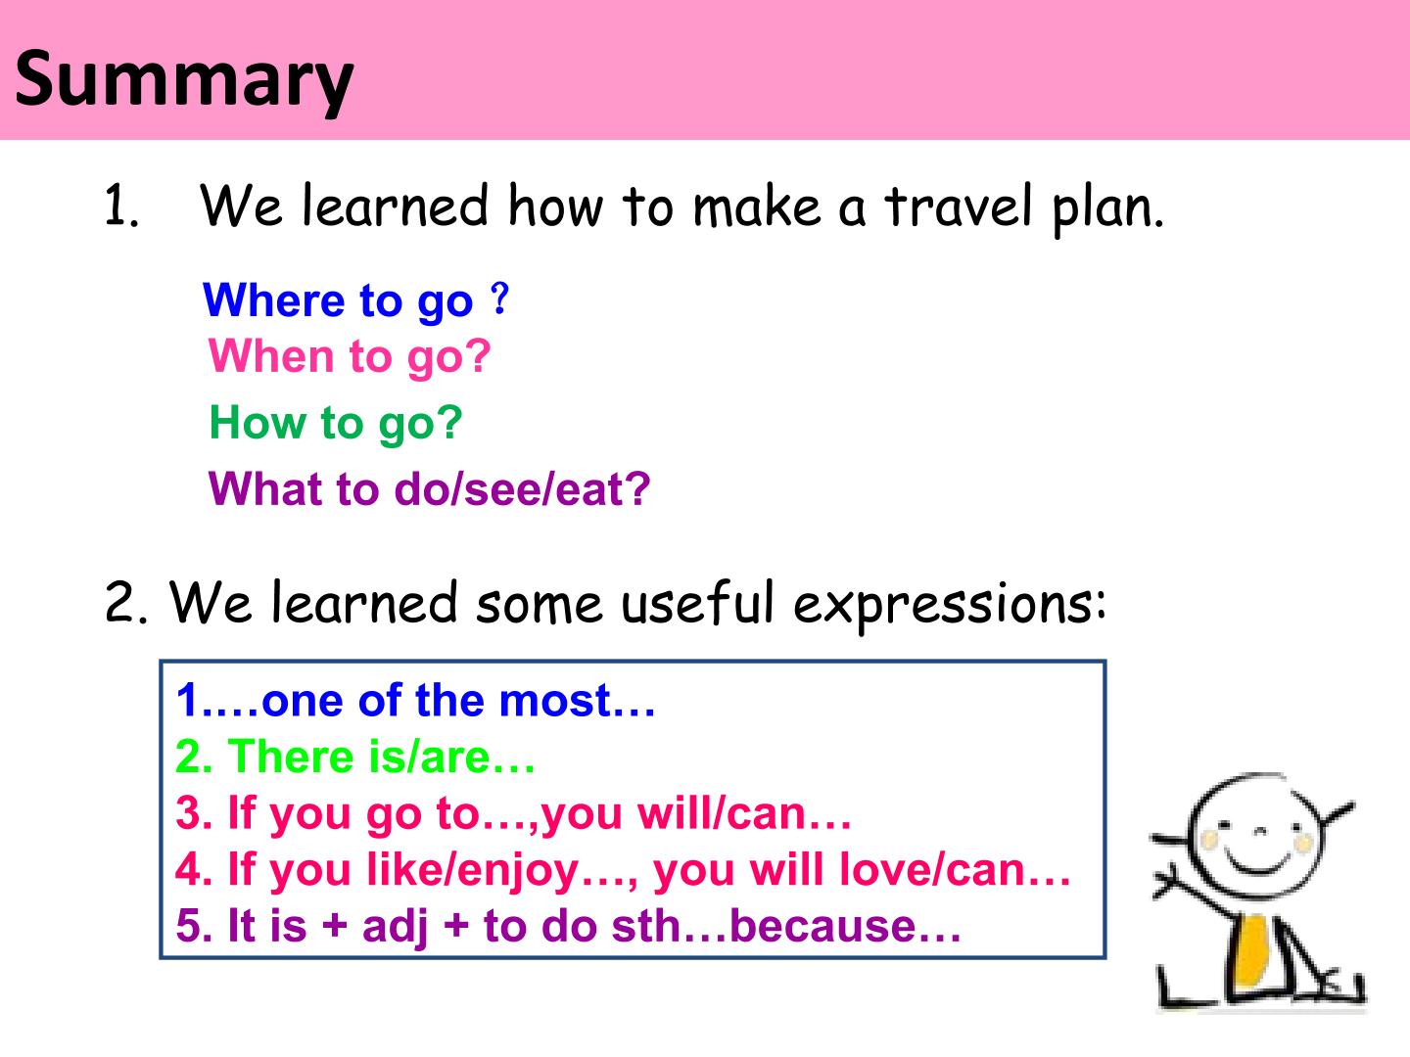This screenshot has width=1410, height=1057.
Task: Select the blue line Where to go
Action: [355, 300]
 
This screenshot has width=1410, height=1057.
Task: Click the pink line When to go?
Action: [350, 357]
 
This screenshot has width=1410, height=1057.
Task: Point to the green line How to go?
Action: [335, 424]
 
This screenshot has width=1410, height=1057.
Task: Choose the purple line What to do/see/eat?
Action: [429, 489]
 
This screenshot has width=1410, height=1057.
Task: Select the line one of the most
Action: [415, 700]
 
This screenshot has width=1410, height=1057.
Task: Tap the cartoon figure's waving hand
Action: [1166, 883]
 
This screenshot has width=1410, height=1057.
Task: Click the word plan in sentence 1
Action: [1107, 209]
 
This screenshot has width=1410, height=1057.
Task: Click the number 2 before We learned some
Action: [119, 602]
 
